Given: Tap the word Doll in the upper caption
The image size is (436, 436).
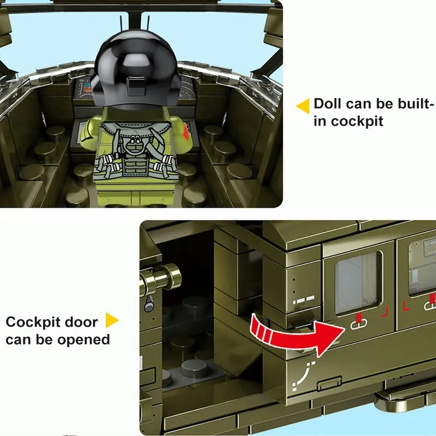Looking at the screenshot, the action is (328, 104).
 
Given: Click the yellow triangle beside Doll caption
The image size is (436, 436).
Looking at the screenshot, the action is (303, 106).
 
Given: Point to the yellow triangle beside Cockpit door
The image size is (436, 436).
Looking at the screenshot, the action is (112, 320).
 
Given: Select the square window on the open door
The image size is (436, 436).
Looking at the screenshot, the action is (358, 283).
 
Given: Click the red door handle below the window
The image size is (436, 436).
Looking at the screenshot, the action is (359, 322).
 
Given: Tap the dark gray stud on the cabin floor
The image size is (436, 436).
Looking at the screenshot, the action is (195, 369).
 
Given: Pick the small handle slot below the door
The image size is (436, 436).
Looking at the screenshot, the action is (330, 384).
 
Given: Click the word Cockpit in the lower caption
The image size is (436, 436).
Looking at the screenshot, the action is (33, 323).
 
